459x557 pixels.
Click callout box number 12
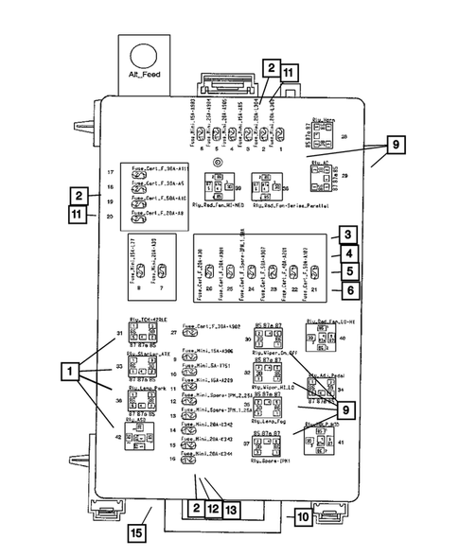click(x=212, y=509)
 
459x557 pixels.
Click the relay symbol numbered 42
click(x=140, y=436)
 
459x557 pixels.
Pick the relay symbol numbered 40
click(x=322, y=337)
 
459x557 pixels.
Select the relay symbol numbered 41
click(x=320, y=441)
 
